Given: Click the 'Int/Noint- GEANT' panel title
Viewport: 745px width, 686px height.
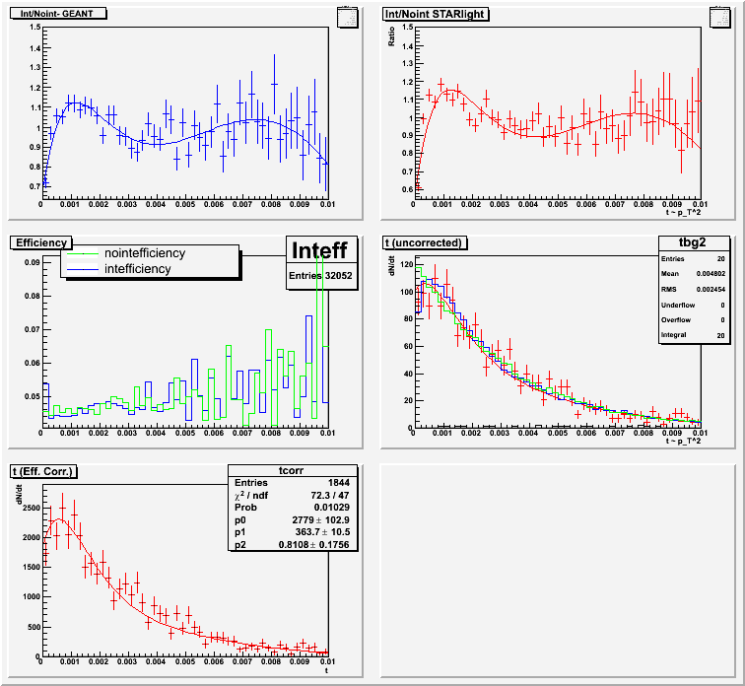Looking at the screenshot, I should click(64, 14).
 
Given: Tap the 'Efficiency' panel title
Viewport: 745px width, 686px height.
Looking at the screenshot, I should click(40, 241).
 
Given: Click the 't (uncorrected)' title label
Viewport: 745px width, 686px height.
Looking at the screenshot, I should click(425, 242).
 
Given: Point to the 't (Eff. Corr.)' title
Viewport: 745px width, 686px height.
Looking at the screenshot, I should click(45, 471).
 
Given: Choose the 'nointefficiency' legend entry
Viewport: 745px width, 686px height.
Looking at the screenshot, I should click(144, 253).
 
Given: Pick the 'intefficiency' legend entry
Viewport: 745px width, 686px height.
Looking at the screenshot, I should click(137, 268).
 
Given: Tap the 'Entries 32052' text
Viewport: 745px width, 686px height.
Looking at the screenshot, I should click(321, 277).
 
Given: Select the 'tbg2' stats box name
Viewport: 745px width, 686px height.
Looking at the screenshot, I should click(695, 242).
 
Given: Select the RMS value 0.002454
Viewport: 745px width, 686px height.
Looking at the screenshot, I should click(708, 290).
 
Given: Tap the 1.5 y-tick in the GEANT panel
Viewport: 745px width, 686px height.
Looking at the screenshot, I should click(34, 27).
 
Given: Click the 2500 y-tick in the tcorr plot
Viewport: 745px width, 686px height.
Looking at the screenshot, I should click(28, 507).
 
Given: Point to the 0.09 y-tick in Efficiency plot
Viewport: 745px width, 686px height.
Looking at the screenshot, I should click(32, 262).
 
